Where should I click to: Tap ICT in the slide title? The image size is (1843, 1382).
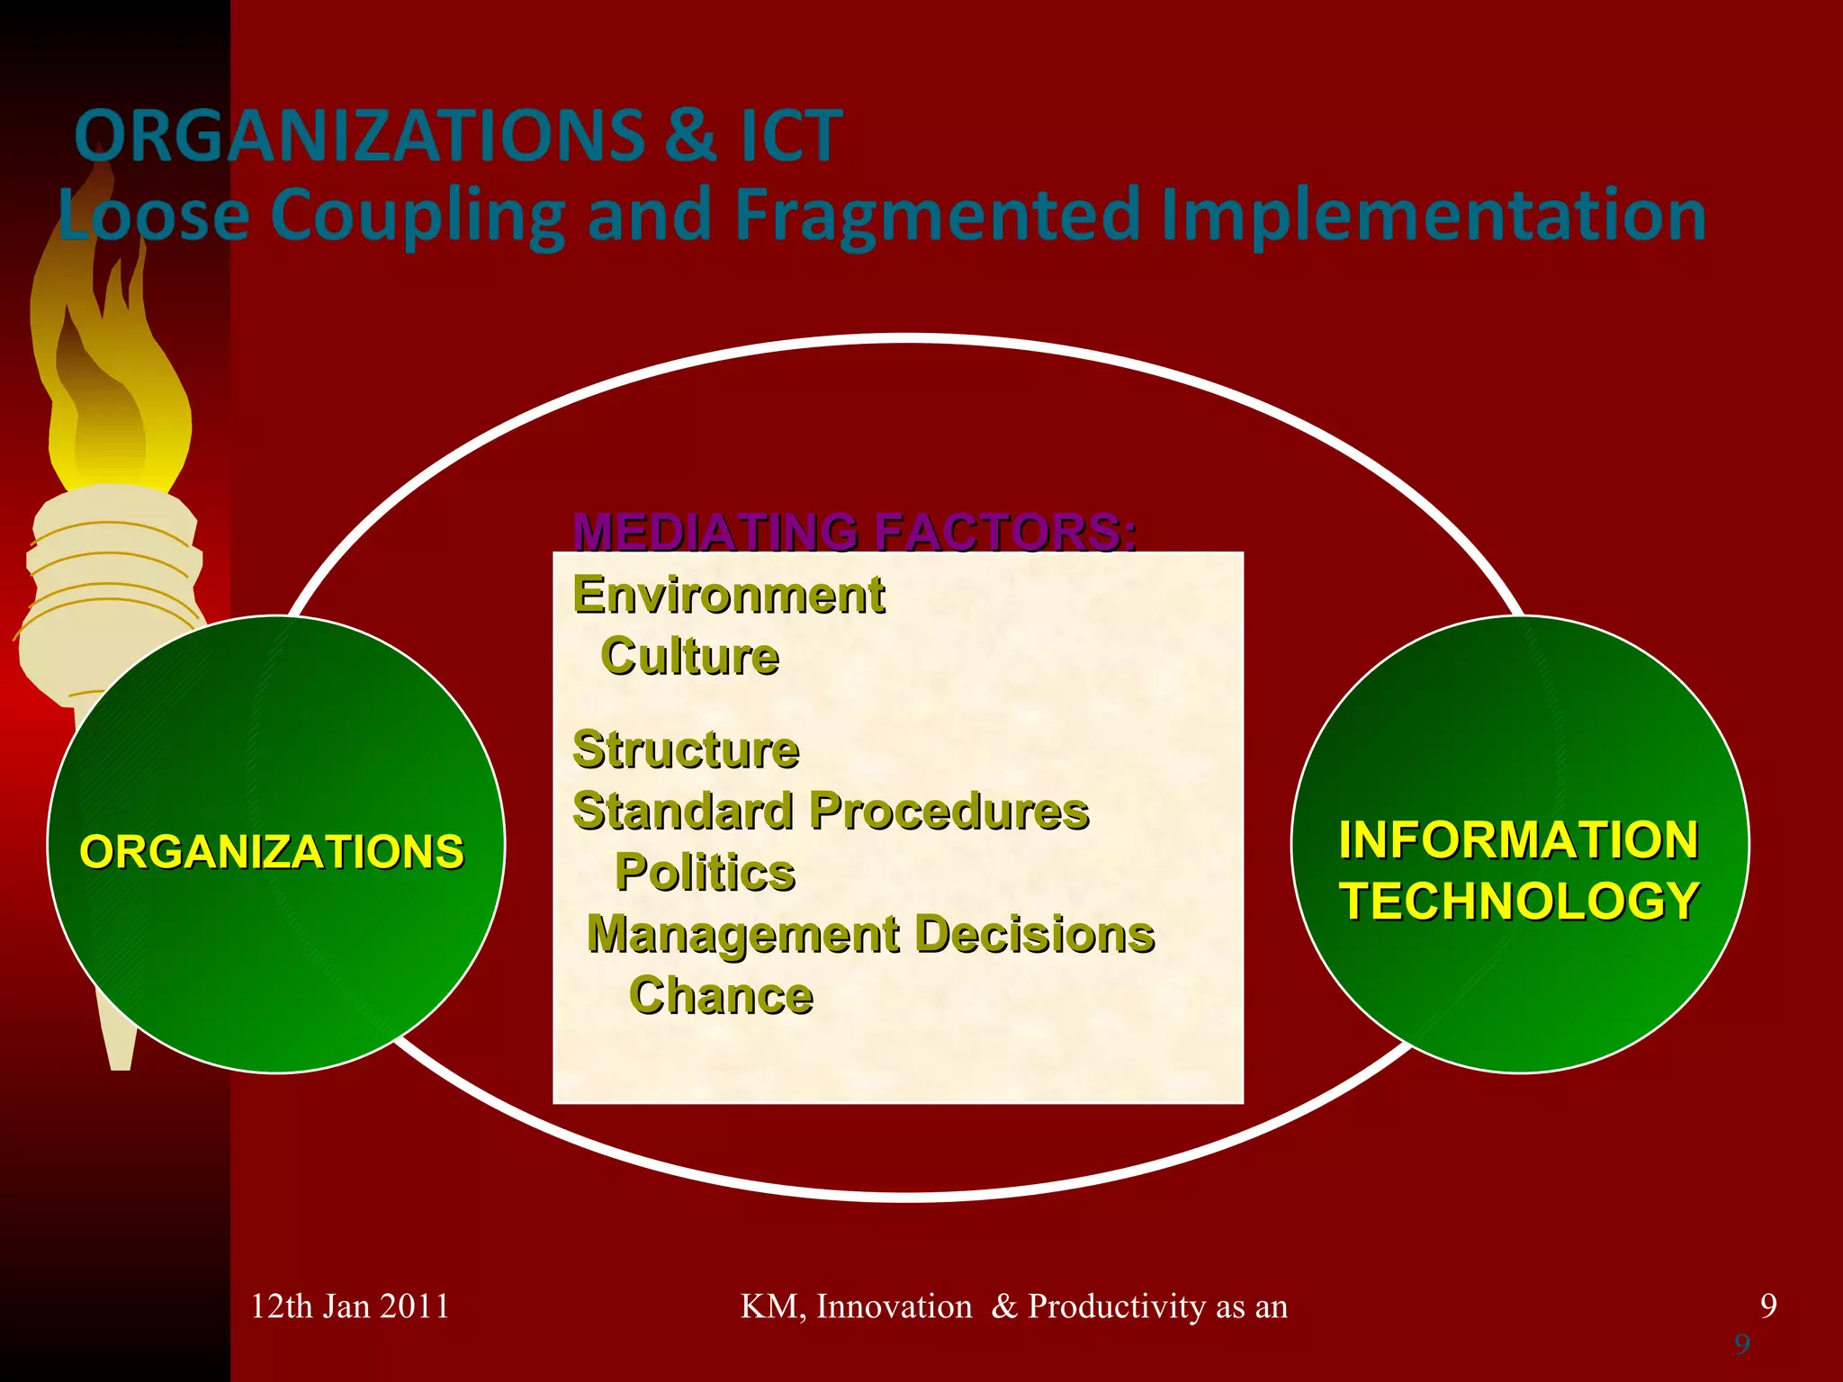click(791, 136)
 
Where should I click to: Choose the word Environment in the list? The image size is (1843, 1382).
click(729, 596)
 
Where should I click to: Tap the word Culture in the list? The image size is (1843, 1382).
click(689, 656)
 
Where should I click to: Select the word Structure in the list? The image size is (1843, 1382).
click(686, 749)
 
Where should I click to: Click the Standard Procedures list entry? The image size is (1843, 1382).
click(831, 811)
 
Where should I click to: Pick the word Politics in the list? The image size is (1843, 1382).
click(705, 872)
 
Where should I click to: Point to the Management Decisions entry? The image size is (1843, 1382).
click(870, 934)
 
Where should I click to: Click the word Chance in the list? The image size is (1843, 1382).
click(721, 995)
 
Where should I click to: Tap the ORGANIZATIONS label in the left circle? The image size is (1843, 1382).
click(272, 851)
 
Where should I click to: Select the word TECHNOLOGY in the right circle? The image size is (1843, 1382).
click(1519, 901)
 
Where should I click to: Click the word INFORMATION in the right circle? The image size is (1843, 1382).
click(1519, 839)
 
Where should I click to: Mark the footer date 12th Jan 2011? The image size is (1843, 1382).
click(349, 1306)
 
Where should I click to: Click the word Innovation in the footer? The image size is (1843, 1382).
click(894, 1306)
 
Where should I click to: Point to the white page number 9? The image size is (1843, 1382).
click(1768, 1306)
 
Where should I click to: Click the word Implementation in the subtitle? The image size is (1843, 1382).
click(1433, 216)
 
